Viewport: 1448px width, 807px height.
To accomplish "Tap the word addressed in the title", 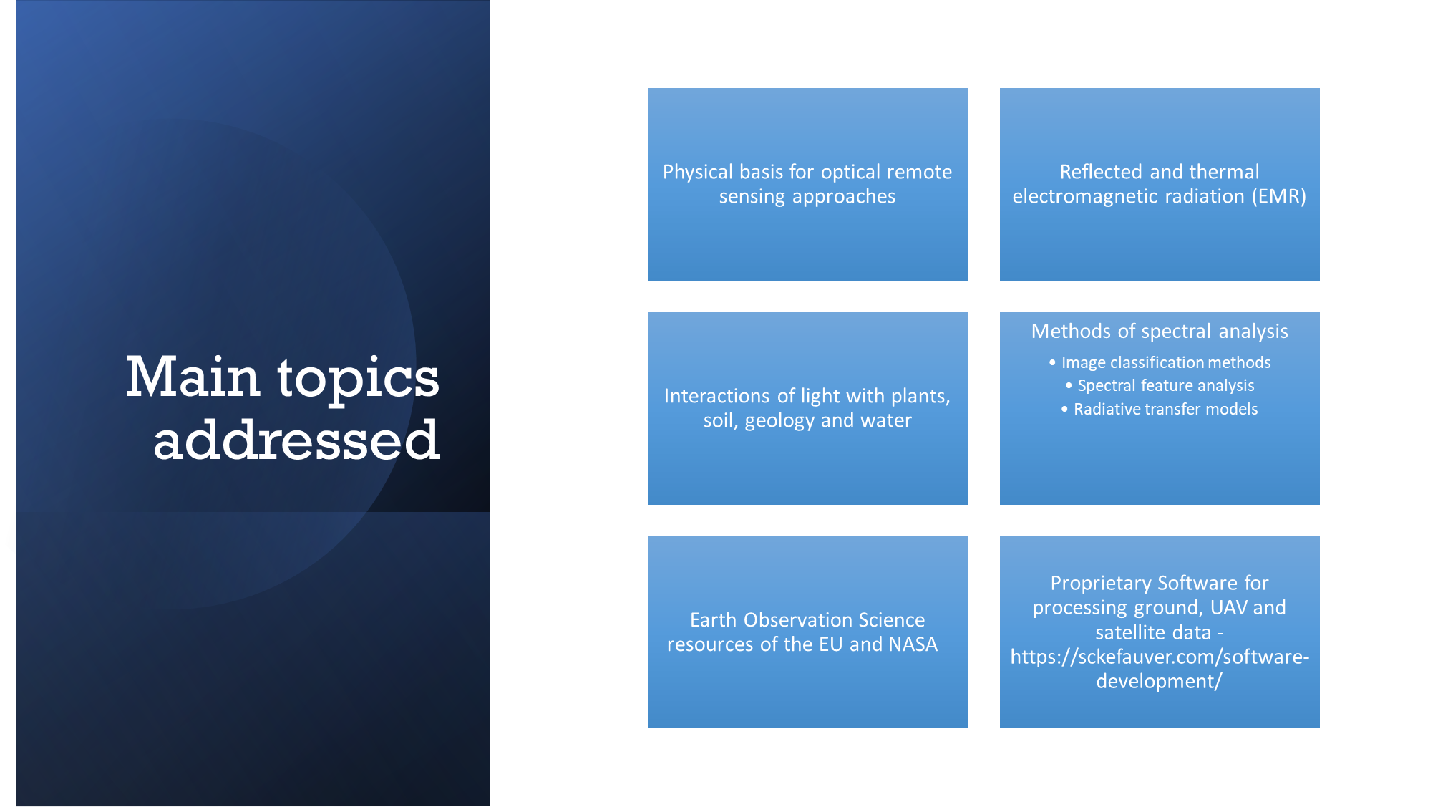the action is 296,440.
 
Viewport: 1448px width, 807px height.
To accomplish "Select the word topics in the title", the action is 359,380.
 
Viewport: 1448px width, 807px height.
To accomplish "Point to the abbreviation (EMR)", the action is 1279,197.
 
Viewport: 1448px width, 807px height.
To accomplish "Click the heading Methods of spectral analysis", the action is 1160,332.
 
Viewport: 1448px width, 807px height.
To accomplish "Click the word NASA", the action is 913,644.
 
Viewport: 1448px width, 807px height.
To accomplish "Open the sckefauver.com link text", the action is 1160,669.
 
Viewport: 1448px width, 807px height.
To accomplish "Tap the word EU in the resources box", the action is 831,644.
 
